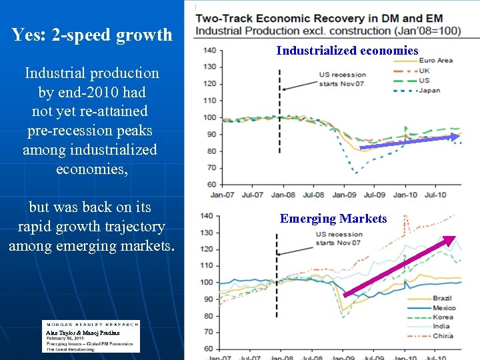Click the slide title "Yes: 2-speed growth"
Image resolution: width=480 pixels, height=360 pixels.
[92, 35]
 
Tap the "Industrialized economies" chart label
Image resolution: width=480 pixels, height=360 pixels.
[347, 51]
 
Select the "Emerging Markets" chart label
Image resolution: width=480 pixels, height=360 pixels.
[333, 219]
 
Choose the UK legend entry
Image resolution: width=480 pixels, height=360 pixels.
[425, 71]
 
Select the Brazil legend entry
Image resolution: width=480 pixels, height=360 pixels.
[443, 299]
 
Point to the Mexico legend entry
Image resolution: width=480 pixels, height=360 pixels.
[444, 308]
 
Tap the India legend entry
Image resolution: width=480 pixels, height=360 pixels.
[442, 327]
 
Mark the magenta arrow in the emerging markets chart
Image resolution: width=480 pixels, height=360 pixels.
[399, 266]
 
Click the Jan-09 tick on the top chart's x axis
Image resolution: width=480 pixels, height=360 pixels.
[344, 195]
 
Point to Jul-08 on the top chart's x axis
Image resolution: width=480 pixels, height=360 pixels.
[313, 195]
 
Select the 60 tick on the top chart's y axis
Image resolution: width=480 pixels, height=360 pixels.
[210, 184]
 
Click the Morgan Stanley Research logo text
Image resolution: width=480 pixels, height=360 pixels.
[91, 325]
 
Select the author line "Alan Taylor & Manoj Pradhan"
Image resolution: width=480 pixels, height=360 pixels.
[83, 332]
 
